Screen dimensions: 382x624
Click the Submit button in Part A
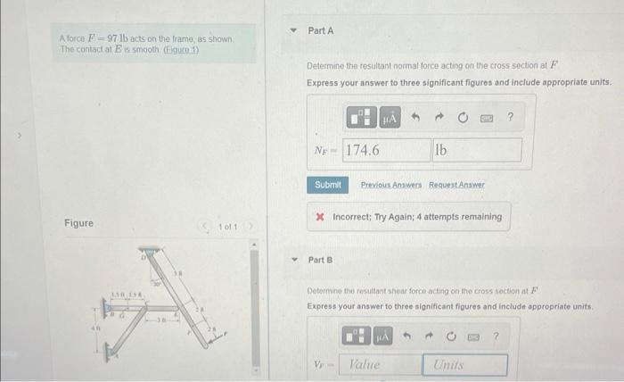[x=327, y=185]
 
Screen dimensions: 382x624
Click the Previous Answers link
[x=390, y=185]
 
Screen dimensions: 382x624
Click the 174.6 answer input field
[x=384, y=150]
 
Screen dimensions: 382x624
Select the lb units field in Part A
[x=477, y=150]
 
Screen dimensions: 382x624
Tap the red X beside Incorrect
[x=320, y=217]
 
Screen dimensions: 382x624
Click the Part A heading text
[x=320, y=30]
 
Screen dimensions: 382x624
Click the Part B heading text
[x=318, y=261]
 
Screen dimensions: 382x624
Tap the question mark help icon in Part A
[x=510, y=117]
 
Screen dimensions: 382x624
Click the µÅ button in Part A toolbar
[x=390, y=117]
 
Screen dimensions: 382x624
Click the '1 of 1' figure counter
[x=228, y=225]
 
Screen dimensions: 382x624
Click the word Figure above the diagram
[x=79, y=223]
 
